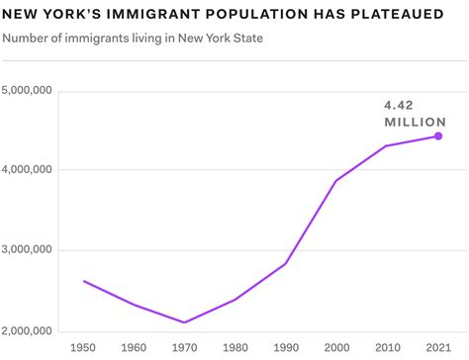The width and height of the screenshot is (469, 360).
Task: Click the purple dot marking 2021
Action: coord(438,136)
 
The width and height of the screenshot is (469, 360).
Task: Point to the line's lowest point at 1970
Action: coord(185,322)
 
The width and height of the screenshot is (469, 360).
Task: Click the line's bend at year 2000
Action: coord(336,180)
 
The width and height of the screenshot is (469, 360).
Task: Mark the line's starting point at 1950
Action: coord(83,281)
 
